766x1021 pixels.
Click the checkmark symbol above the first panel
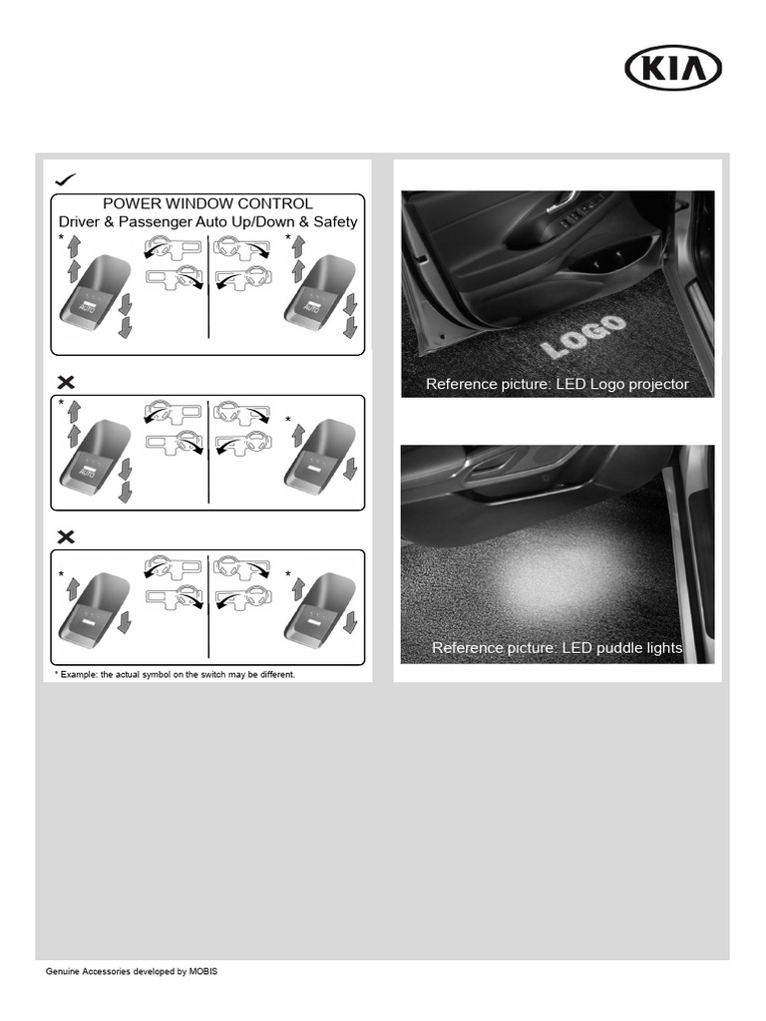tap(66, 178)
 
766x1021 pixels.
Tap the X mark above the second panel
tap(66, 382)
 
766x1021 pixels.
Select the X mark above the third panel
tap(66, 536)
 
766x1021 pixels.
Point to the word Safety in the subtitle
tap(334, 222)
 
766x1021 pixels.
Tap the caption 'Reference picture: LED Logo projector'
tap(557, 384)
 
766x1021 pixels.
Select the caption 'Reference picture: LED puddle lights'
tap(557, 648)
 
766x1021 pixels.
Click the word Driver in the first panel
tap(80, 222)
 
